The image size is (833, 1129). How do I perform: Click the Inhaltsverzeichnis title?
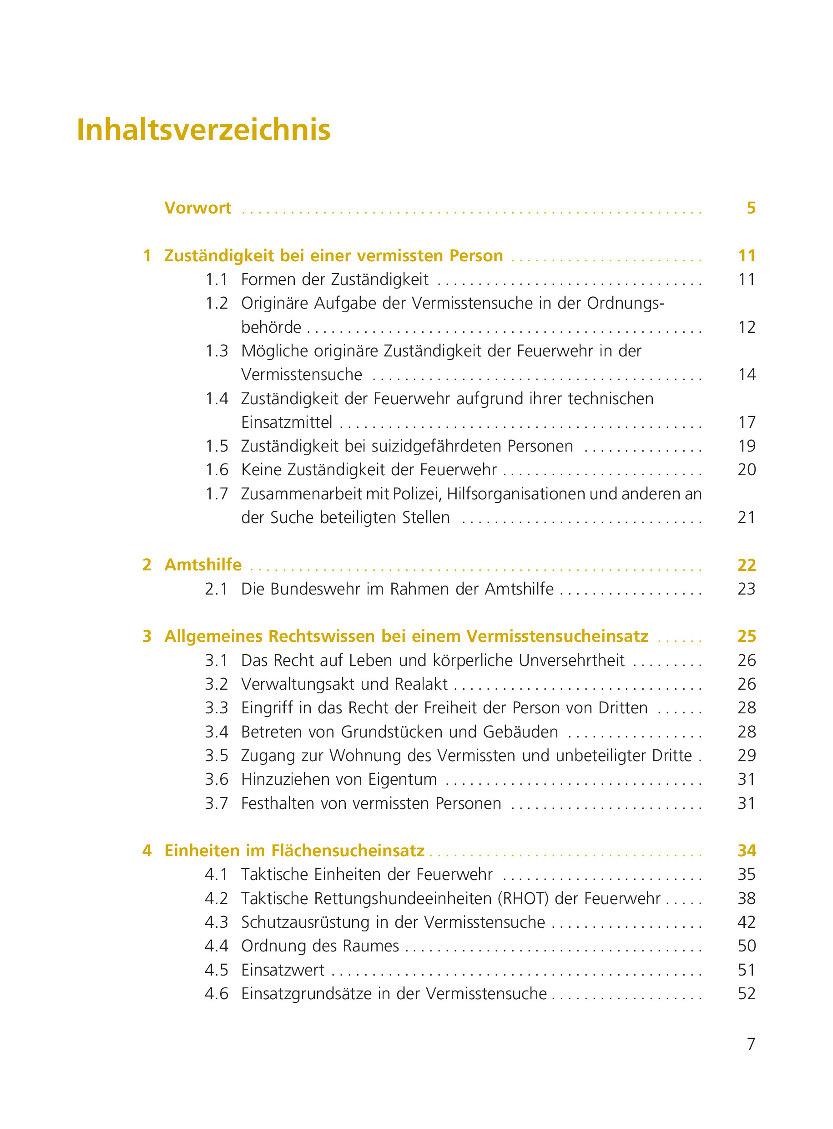[x=203, y=130]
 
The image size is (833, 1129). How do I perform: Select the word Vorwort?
[x=197, y=208]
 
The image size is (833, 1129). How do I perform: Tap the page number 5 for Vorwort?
[x=751, y=208]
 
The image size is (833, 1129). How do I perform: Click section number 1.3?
[x=216, y=351]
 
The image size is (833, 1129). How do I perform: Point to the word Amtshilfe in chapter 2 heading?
[x=203, y=564]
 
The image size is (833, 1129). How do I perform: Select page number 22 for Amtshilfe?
[x=746, y=565]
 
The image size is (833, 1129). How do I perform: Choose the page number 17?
[x=746, y=422]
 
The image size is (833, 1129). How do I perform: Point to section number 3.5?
[x=216, y=756]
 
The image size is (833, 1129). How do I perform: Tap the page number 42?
[x=746, y=922]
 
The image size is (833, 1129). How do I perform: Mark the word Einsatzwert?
[x=283, y=970]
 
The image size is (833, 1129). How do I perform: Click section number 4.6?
[x=216, y=994]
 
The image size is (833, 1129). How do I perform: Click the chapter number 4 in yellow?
[x=147, y=850]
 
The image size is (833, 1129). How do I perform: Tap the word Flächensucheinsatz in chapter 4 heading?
[x=348, y=850]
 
